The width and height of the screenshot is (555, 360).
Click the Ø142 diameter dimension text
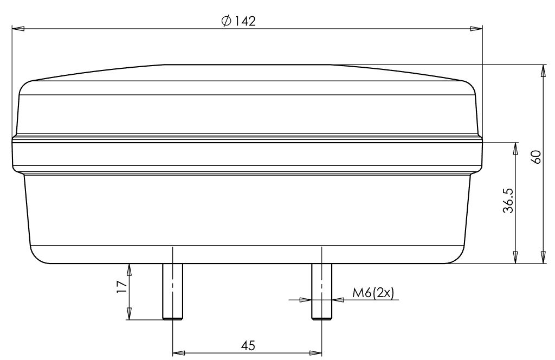coord(238,21)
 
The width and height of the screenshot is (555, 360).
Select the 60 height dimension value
coord(536,158)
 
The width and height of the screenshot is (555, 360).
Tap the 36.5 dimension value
coord(508,201)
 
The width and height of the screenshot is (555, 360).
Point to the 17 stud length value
coord(121,287)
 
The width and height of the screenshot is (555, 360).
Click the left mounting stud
coord(172,292)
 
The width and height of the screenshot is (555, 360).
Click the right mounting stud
coord(321,292)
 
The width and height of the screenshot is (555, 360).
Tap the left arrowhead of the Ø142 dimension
coord(18,28)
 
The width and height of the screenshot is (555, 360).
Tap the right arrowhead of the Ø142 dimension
coord(475,28)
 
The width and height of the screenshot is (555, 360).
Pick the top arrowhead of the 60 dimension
coord(543,71)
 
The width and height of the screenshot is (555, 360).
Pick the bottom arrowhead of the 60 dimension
coord(543,258)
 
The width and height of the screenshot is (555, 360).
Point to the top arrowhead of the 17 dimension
coord(129,270)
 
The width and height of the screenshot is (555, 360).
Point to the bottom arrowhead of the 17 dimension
coord(129,313)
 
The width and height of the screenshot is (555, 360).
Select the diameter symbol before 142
coord(226,21)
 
